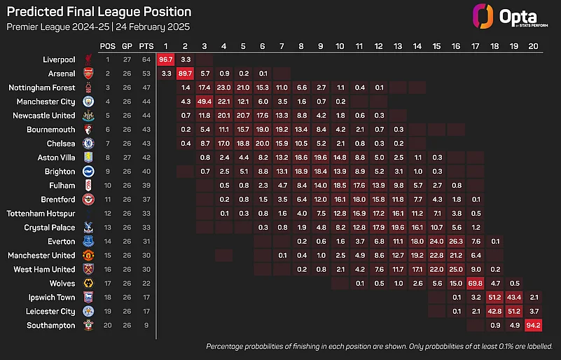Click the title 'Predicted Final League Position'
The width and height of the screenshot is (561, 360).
pos(99,12)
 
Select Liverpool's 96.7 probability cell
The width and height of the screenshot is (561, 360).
pos(166,59)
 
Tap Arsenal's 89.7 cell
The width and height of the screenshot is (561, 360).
pos(185,73)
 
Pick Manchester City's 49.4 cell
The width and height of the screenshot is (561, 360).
pos(205,101)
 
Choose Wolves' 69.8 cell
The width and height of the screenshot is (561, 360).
pos(474,283)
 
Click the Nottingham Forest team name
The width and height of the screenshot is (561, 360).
pos(41,87)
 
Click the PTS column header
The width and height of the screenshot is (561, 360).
pos(145,46)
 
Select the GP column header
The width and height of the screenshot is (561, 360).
pos(127,46)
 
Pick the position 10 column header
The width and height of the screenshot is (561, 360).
pos(339,46)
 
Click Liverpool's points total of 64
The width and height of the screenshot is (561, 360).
pos(145,59)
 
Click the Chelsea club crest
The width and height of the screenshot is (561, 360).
pos(88,143)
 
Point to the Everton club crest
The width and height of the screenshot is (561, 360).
pos(88,241)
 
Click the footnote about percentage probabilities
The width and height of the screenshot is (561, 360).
pos(380,346)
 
